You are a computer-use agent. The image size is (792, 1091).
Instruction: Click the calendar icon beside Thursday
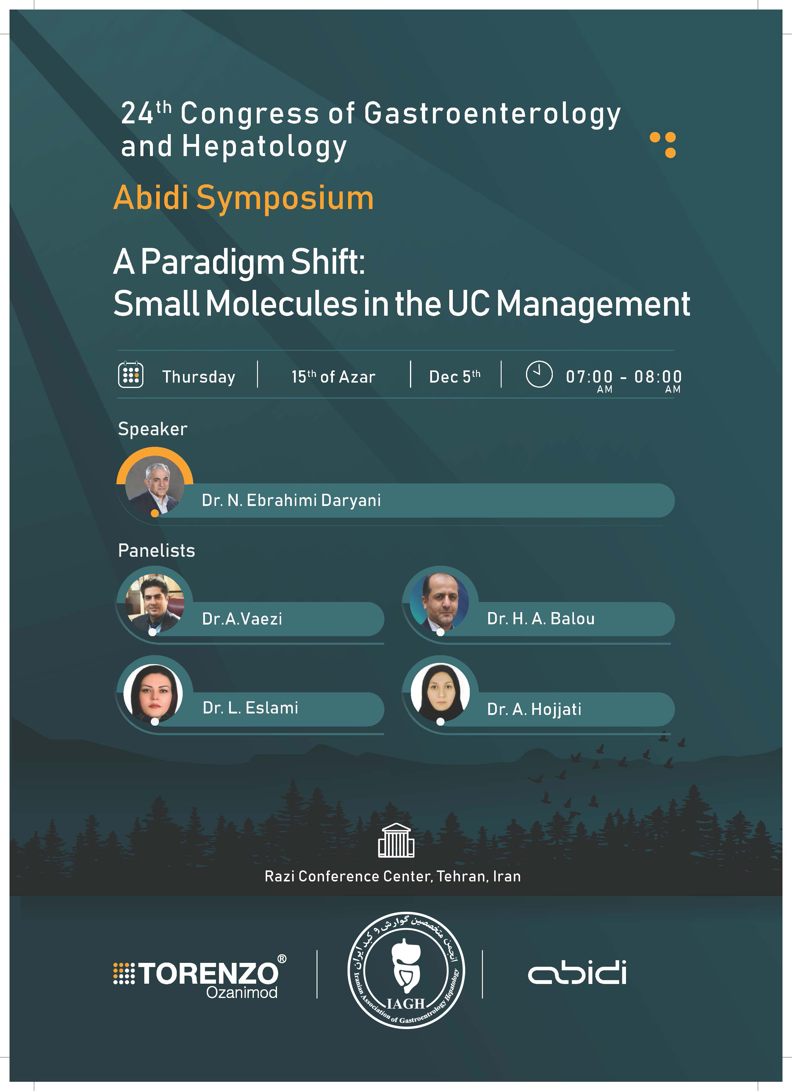tap(131, 374)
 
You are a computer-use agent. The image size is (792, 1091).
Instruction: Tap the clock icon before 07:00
tap(539, 374)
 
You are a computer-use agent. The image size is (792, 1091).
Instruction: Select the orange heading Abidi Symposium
tap(244, 199)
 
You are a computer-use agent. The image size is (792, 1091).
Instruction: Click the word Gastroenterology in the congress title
tap(492, 114)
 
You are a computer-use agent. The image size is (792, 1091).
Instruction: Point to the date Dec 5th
tap(455, 376)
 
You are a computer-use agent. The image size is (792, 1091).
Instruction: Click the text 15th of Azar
tap(333, 376)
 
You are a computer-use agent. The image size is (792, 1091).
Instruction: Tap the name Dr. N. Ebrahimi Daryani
tap(291, 500)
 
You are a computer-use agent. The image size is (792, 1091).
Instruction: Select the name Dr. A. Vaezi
tap(242, 619)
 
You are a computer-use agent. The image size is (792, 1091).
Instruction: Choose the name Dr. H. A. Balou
tap(541, 619)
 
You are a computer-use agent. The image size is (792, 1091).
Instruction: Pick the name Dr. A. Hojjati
tap(534, 709)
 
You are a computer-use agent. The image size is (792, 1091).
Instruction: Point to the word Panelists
tap(156, 550)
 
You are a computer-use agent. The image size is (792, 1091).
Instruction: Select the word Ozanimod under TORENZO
tap(242, 992)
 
